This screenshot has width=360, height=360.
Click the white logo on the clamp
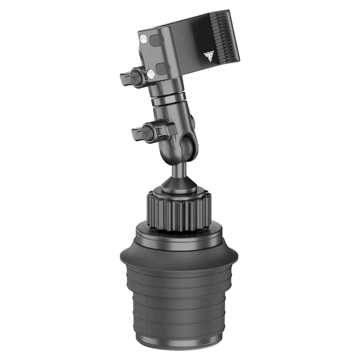[208, 56]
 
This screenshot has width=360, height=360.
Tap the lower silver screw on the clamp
[150, 74]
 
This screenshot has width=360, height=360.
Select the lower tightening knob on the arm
[146, 132]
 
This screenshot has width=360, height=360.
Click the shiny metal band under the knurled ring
[177, 235]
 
